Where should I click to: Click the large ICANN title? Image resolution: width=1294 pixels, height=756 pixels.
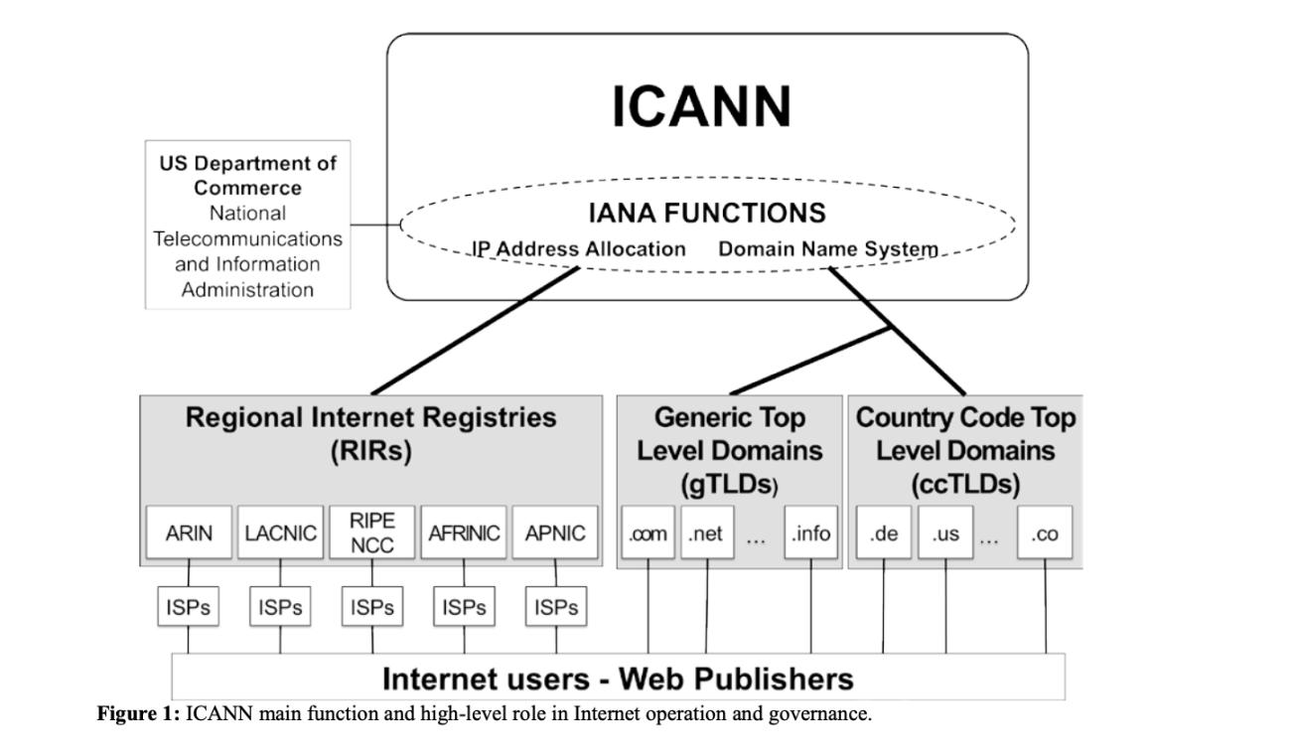pyautogui.click(x=701, y=105)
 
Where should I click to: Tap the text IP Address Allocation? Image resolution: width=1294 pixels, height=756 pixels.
pyautogui.click(x=579, y=248)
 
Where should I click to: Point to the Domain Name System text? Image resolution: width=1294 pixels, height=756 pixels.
pyautogui.click(x=828, y=248)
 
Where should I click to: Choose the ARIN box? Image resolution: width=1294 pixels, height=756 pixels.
pyautogui.click(x=189, y=533)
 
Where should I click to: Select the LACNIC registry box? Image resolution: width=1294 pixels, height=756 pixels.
pyautogui.click(x=280, y=533)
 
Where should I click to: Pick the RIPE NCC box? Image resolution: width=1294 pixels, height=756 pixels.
pyautogui.click(x=372, y=533)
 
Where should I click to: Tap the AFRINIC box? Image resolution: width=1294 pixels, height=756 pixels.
pyautogui.click(x=465, y=533)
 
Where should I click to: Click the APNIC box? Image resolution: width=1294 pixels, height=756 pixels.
pyautogui.click(x=555, y=533)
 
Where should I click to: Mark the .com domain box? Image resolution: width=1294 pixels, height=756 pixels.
pyautogui.click(x=648, y=533)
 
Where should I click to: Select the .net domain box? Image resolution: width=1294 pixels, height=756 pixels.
pyautogui.click(x=707, y=533)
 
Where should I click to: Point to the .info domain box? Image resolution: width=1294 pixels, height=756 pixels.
pyautogui.click(x=810, y=533)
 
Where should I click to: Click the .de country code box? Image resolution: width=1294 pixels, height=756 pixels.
pyautogui.click(x=883, y=533)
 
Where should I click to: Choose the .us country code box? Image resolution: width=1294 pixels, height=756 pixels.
pyautogui.click(x=944, y=533)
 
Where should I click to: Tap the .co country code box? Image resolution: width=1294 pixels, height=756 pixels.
pyautogui.click(x=1045, y=533)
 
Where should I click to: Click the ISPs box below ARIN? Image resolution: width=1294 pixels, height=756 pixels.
pyautogui.click(x=189, y=607)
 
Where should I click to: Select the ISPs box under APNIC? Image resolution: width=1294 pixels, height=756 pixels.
pyautogui.click(x=555, y=607)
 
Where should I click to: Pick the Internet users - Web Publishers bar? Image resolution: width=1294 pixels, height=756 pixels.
pyautogui.click(x=618, y=678)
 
